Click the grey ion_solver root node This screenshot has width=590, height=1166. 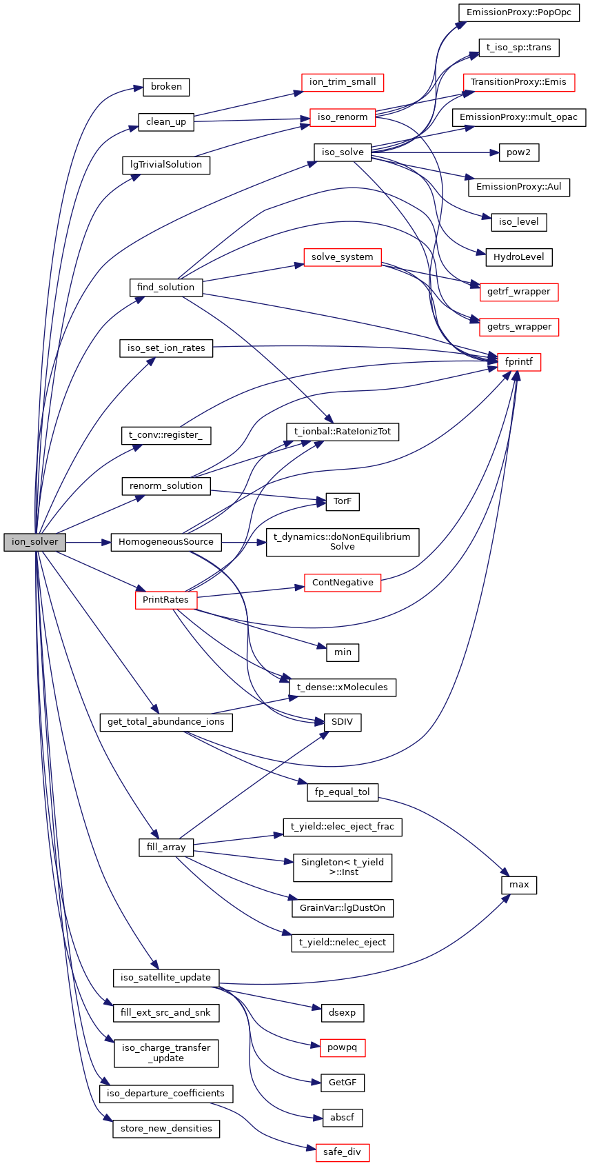[x=34, y=542]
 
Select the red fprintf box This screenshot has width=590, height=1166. [x=518, y=362]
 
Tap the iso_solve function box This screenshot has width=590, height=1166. [x=343, y=152]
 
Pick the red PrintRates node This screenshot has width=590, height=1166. [x=165, y=600]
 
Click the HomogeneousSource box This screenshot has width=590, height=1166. [x=166, y=542]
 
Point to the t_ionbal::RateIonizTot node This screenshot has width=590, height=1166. [x=343, y=432]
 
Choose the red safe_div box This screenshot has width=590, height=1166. [x=342, y=1152]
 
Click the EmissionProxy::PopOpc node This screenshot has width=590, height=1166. [x=519, y=12]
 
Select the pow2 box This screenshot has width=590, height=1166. [x=518, y=152]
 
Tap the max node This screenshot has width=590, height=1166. [x=519, y=885]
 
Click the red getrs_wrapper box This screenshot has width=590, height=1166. [x=519, y=327]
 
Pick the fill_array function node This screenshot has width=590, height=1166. [x=166, y=847]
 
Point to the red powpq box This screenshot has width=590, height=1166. [x=342, y=1048]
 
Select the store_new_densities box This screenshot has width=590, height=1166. [x=166, y=1129]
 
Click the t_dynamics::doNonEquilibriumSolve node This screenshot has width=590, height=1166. [x=343, y=542]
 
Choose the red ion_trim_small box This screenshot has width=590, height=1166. [x=343, y=82]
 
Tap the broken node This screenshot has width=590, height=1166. [x=166, y=87]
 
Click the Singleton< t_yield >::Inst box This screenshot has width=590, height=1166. [x=343, y=867]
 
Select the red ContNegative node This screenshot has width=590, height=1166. [x=343, y=583]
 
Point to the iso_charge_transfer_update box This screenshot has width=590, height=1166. [x=166, y=1053]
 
